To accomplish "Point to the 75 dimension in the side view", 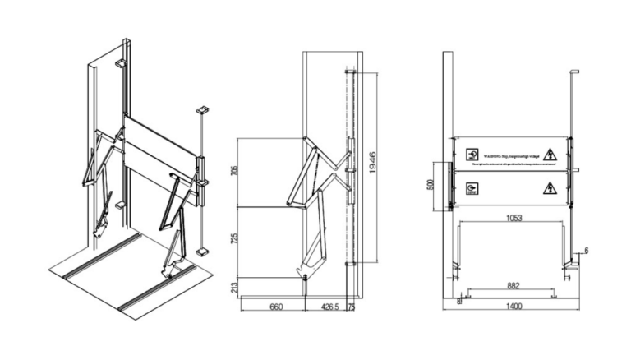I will click(353, 309).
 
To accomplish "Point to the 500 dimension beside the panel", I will click(431, 183).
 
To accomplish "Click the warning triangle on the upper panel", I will click(551, 154).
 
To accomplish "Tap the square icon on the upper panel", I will click(472, 154).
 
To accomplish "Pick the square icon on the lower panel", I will click(472, 188).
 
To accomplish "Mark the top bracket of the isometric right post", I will click(202, 109).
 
